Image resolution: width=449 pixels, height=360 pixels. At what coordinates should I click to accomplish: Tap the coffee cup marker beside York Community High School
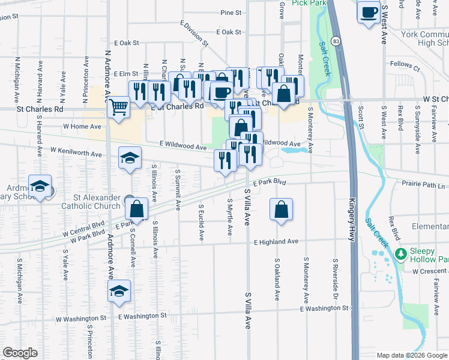(x=368, y=12)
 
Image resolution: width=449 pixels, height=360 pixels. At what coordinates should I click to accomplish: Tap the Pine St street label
(x=231, y=12)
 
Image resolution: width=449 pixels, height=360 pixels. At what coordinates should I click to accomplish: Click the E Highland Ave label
(x=276, y=242)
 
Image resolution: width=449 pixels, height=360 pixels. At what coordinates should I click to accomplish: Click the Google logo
(x=20, y=353)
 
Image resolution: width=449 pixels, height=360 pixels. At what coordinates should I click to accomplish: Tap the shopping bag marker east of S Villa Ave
(x=281, y=210)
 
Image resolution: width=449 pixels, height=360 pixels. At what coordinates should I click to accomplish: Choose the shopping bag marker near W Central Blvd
(x=137, y=209)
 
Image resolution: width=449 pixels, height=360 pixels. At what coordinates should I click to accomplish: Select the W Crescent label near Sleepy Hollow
(x=430, y=271)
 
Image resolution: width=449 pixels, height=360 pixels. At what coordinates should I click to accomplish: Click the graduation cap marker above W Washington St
(x=119, y=291)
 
